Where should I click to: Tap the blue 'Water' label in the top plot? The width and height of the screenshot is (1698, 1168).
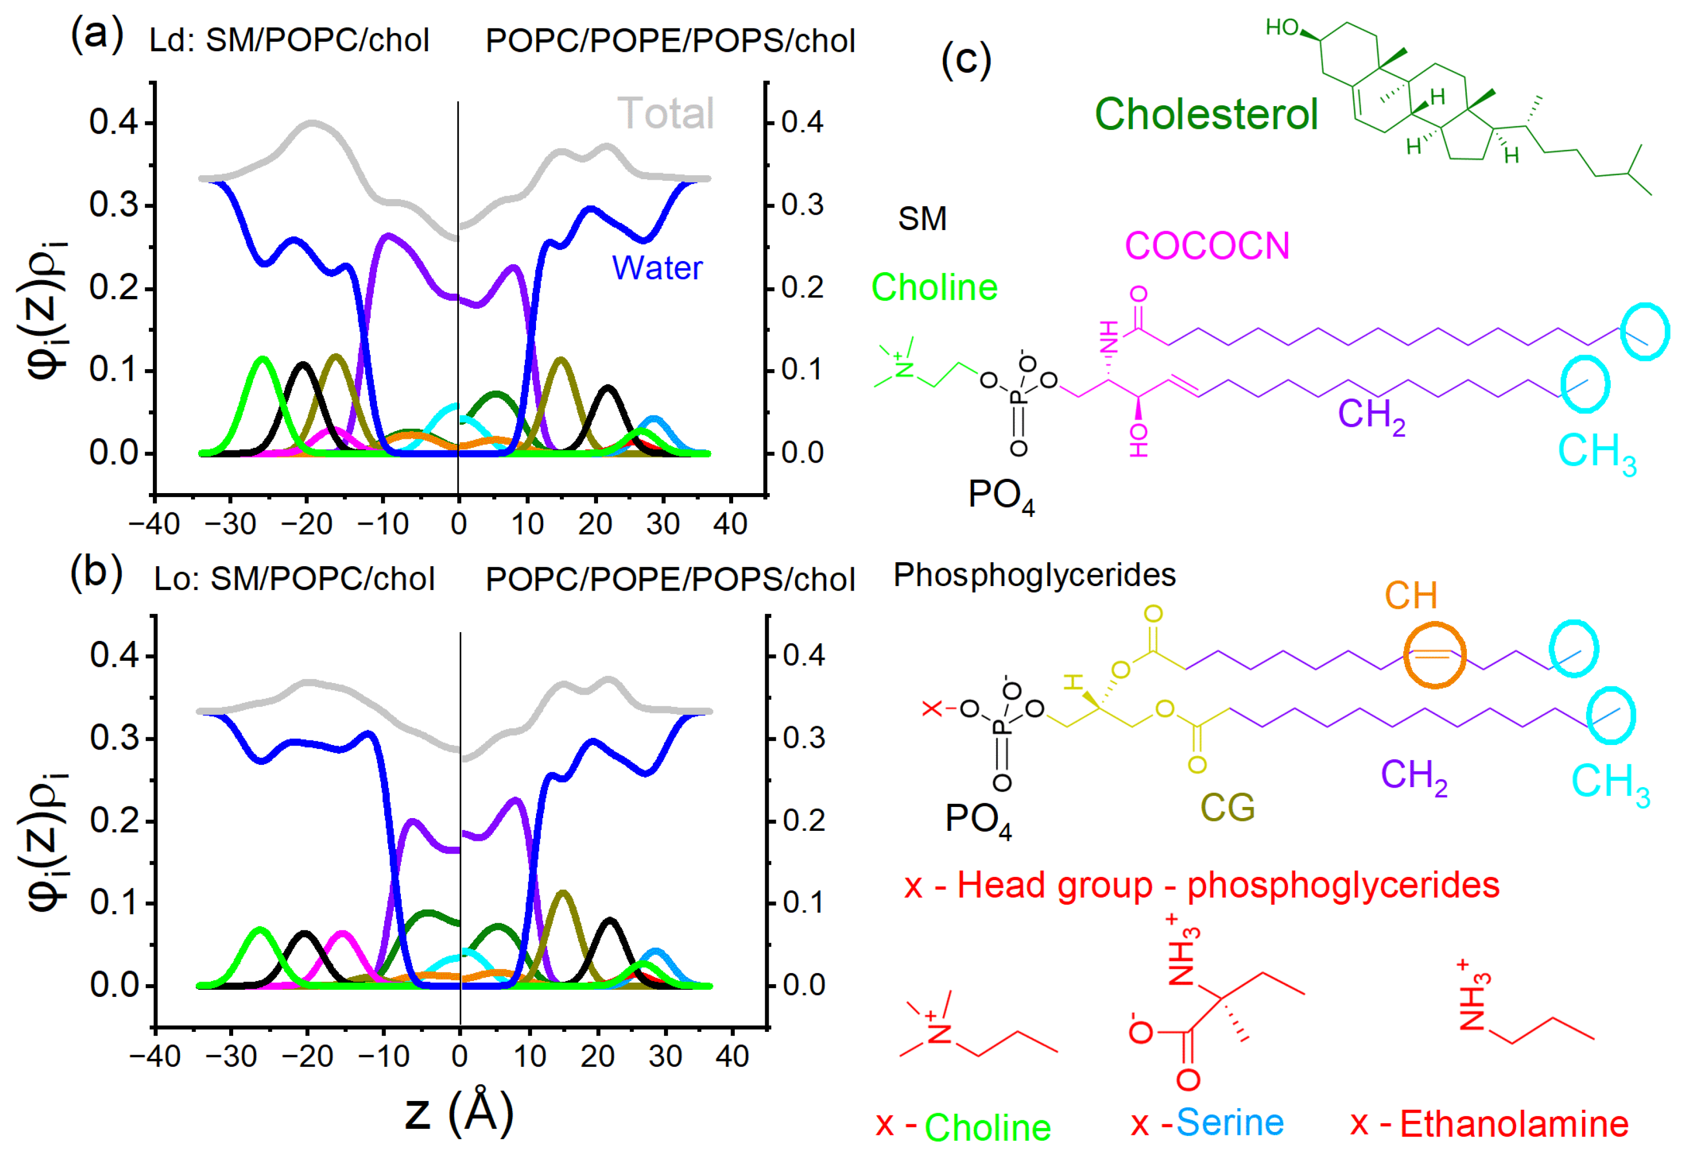(x=657, y=268)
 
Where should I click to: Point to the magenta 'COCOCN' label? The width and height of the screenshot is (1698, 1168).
(x=1206, y=246)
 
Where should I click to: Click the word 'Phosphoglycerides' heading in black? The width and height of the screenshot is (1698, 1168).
(x=1034, y=575)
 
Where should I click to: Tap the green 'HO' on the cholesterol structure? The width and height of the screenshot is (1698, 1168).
(x=1282, y=28)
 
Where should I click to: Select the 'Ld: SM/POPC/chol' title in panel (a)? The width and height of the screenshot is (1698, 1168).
(x=289, y=40)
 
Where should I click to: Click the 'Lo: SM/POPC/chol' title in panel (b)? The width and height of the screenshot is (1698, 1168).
(x=294, y=579)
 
